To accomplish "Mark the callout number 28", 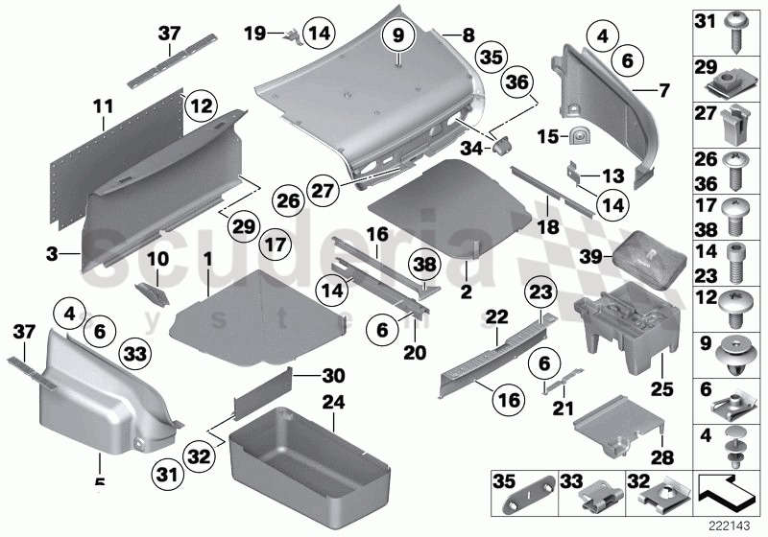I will pyautogui.click(x=662, y=459).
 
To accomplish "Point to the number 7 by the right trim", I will pyautogui.click(x=662, y=93).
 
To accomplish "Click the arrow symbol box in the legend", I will pyautogui.click(x=730, y=491).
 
